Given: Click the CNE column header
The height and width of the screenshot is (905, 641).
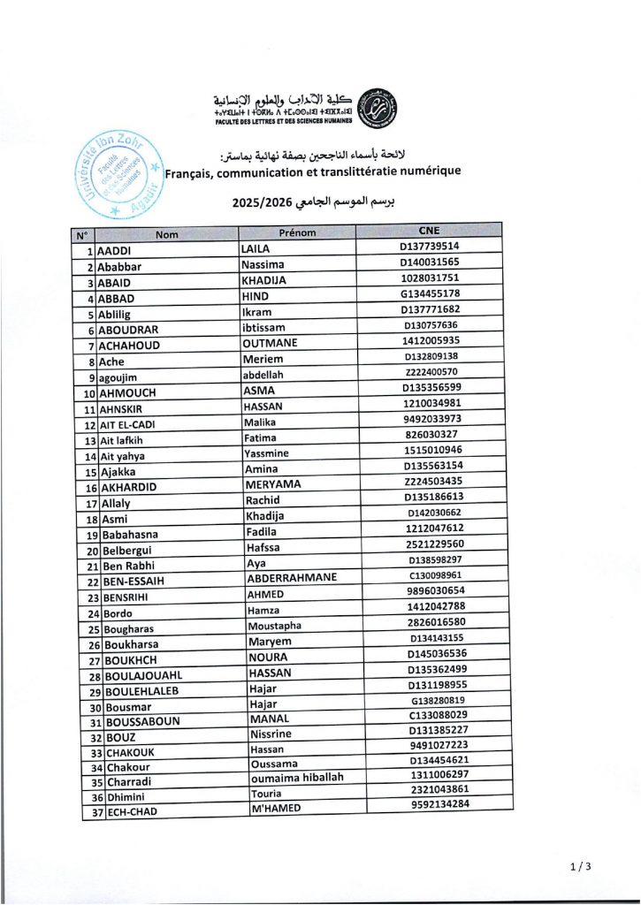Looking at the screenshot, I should click(x=431, y=232).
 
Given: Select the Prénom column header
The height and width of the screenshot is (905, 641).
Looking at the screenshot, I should click(x=297, y=233).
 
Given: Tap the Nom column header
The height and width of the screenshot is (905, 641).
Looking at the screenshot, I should click(x=167, y=235).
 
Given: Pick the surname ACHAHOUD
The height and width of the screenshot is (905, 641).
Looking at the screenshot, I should click(x=130, y=346).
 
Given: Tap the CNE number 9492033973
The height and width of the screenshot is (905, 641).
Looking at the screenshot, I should click(x=431, y=422).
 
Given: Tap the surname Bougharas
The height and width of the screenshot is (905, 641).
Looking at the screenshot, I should click(x=129, y=629).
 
